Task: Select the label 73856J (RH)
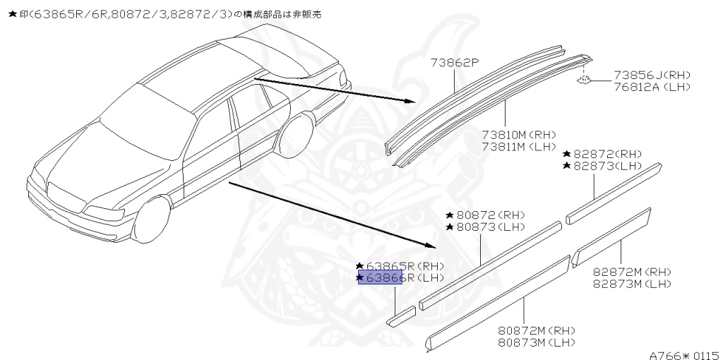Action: pos(652,75)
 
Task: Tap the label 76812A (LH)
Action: pos(652,87)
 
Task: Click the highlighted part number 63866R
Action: pos(381,277)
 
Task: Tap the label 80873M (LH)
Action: pos(537,342)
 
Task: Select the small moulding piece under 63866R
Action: pos(401,316)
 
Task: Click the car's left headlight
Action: pos(102,211)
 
